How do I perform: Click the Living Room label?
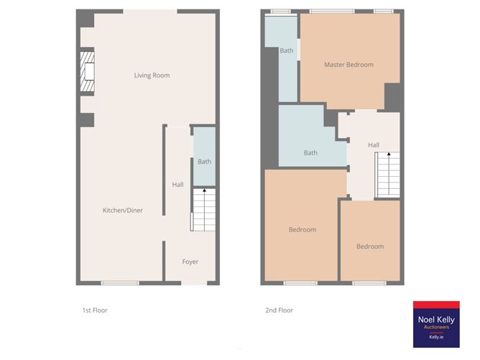pyautogui.click(x=152, y=75)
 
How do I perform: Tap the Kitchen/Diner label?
pyautogui.click(x=122, y=210)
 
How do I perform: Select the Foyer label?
pyautogui.click(x=190, y=262)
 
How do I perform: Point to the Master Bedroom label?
pyautogui.click(x=349, y=65)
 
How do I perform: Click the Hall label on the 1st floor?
pyautogui.click(x=177, y=185)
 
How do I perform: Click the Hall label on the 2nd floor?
pyautogui.click(x=374, y=145)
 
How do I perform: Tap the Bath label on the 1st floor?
pyautogui.click(x=204, y=162)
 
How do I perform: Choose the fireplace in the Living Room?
pyautogui.click(x=88, y=72)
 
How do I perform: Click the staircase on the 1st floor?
pyautogui.click(x=203, y=210)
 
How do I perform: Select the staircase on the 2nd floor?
pyautogui.click(x=387, y=176)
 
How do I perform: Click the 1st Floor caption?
pyautogui.click(x=95, y=310)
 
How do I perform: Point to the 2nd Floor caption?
pyautogui.click(x=280, y=310)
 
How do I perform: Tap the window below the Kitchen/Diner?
pyautogui.click(x=120, y=283)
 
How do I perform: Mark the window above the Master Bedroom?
pyautogui.click(x=331, y=11)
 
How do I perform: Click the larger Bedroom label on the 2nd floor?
pyautogui.click(x=302, y=230)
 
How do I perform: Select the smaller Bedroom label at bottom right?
pyautogui.click(x=370, y=246)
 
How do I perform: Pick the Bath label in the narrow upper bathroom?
pyautogui.click(x=287, y=50)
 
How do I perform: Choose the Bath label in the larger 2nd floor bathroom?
pyautogui.click(x=310, y=152)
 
